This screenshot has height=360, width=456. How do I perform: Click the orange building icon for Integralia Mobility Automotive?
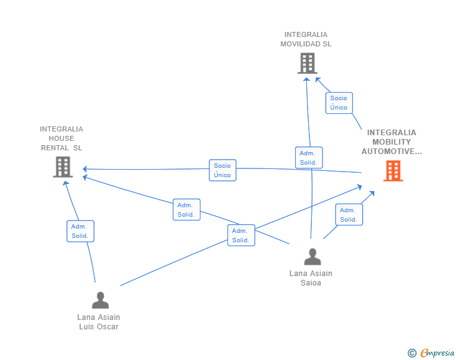(x=393, y=170)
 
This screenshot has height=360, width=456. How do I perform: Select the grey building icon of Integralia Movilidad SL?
(x=307, y=63)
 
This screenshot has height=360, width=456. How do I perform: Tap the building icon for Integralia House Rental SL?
(x=63, y=167)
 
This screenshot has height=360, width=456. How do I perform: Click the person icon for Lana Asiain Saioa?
(x=312, y=257)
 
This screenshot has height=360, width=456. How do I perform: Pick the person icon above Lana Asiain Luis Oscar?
(x=100, y=301)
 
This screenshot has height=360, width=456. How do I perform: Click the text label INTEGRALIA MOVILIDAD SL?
(x=306, y=39)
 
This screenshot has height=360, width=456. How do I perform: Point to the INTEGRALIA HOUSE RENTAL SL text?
(x=61, y=138)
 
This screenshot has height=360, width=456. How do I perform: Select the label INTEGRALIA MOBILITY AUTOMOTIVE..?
(x=391, y=142)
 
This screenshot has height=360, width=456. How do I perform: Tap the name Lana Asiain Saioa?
(x=311, y=278)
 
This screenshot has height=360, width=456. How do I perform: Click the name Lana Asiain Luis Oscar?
(x=99, y=322)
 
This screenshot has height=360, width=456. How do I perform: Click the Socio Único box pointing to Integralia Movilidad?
(x=339, y=103)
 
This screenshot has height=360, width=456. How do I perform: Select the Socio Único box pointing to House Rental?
(x=222, y=170)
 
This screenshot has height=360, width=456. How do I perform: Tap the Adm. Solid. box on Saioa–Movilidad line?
(x=308, y=158)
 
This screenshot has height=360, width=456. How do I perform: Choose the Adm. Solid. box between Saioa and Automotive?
(x=349, y=215)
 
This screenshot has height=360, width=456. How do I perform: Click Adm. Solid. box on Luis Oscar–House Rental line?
(x=80, y=231)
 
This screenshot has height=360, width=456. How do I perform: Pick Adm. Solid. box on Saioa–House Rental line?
(x=186, y=210)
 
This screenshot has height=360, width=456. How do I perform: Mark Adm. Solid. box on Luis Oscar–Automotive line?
(x=241, y=235)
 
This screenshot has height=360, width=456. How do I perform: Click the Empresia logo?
(x=437, y=353)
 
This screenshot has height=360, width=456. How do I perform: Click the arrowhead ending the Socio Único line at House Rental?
(x=85, y=169)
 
